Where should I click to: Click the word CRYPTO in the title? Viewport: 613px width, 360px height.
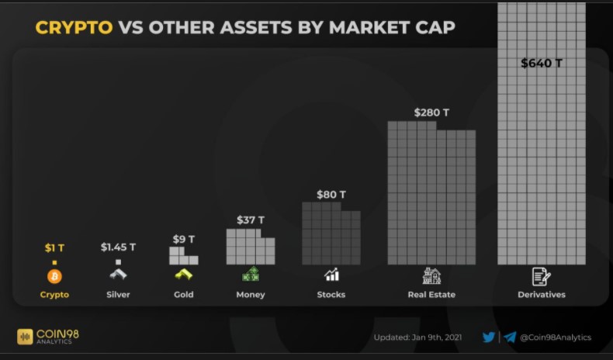click(x=74, y=28)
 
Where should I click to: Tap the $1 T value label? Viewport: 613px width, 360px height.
click(x=54, y=247)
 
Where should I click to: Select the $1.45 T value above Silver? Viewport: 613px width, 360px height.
click(x=118, y=247)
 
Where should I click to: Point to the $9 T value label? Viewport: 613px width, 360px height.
click(x=183, y=239)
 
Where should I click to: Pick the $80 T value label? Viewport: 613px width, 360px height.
click(x=331, y=194)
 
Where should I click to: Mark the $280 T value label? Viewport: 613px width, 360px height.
click(x=431, y=112)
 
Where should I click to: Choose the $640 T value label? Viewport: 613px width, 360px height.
click(x=542, y=63)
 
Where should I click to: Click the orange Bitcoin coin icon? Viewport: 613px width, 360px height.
click(x=54, y=275)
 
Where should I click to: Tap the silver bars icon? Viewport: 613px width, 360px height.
click(x=118, y=275)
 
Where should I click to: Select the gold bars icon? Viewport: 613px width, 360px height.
click(x=183, y=275)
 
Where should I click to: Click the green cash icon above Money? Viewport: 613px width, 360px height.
click(x=251, y=274)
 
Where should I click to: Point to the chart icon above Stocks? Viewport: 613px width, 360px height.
click(x=331, y=275)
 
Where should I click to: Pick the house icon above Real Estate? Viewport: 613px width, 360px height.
click(x=431, y=275)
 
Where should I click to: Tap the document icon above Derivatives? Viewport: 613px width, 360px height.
click(x=541, y=275)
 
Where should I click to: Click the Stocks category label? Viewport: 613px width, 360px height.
click(x=331, y=295)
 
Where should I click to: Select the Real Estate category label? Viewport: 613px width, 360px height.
click(x=431, y=295)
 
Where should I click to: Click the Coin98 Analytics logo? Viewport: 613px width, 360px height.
click(x=48, y=336)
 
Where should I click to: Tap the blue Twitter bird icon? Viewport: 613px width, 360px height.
click(x=489, y=337)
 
